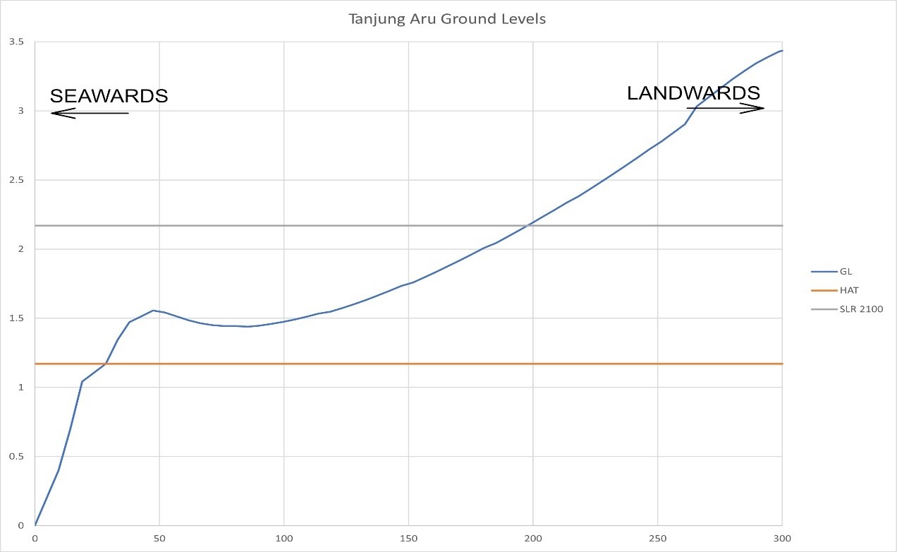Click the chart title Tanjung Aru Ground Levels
coord(447,19)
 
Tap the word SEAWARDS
coord(109,96)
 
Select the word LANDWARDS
coord(693,92)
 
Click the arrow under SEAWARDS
coord(90,114)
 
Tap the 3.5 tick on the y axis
coord(16,42)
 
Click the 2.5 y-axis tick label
coord(16,181)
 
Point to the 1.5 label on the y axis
coord(16,318)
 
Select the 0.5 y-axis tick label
coord(16,457)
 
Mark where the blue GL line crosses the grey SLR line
coord(526,226)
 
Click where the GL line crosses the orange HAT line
coord(106,364)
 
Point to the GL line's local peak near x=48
coord(153,311)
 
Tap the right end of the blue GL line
coord(782,51)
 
